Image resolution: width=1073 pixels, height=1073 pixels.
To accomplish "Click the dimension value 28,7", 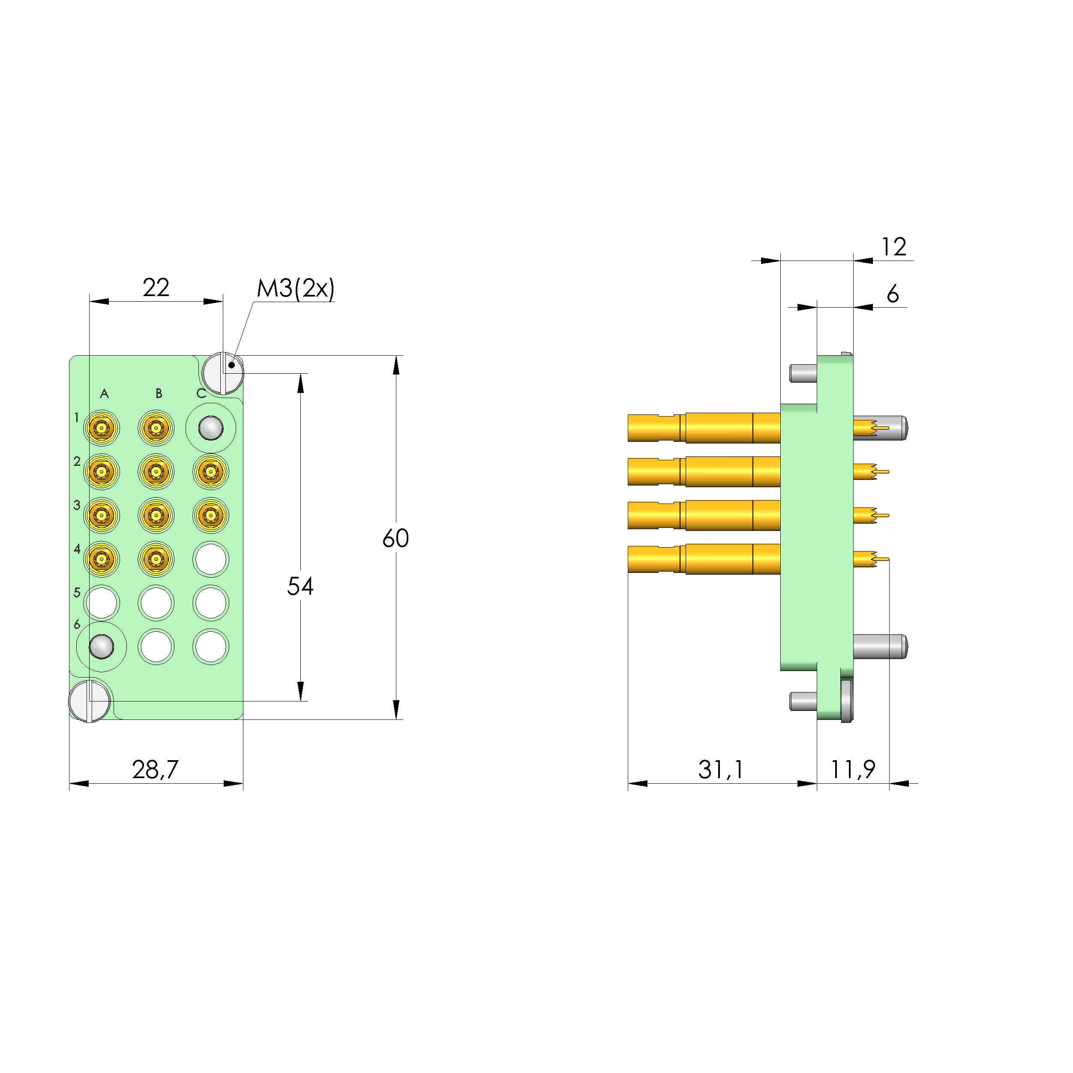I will click(155, 769).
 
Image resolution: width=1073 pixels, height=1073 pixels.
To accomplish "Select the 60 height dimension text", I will click(396, 538).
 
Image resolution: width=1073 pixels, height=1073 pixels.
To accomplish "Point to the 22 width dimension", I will click(156, 287).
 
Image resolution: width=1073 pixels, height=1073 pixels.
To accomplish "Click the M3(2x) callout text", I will click(296, 288).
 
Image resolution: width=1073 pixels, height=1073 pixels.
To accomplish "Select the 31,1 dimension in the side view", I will click(720, 769).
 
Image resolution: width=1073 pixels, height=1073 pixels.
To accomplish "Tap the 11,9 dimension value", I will click(852, 769).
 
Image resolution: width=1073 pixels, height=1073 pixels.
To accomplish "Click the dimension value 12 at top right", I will click(893, 246).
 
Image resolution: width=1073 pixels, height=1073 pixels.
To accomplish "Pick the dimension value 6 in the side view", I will click(893, 294).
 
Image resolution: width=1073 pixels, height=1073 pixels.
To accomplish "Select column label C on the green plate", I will click(201, 394).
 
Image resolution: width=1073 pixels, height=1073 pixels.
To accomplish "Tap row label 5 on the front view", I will click(77, 593).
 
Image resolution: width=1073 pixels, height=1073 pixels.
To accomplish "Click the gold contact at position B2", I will click(156, 471).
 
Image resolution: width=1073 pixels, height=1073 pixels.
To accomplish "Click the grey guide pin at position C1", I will click(210, 428).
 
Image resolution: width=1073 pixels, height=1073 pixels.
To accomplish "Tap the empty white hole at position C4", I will click(210, 559).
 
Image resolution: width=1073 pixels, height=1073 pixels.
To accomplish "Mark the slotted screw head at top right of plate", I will click(223, 373).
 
